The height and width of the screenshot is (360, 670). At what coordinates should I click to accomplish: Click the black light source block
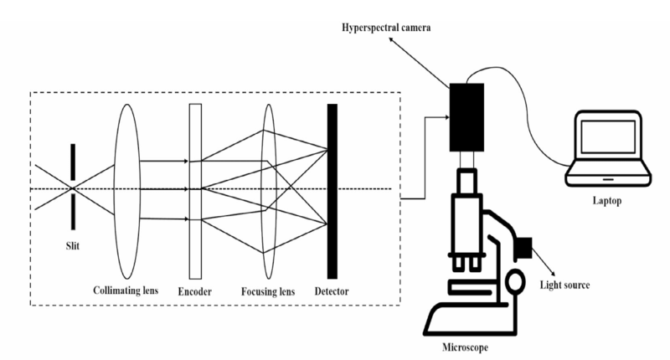[525, 247]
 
